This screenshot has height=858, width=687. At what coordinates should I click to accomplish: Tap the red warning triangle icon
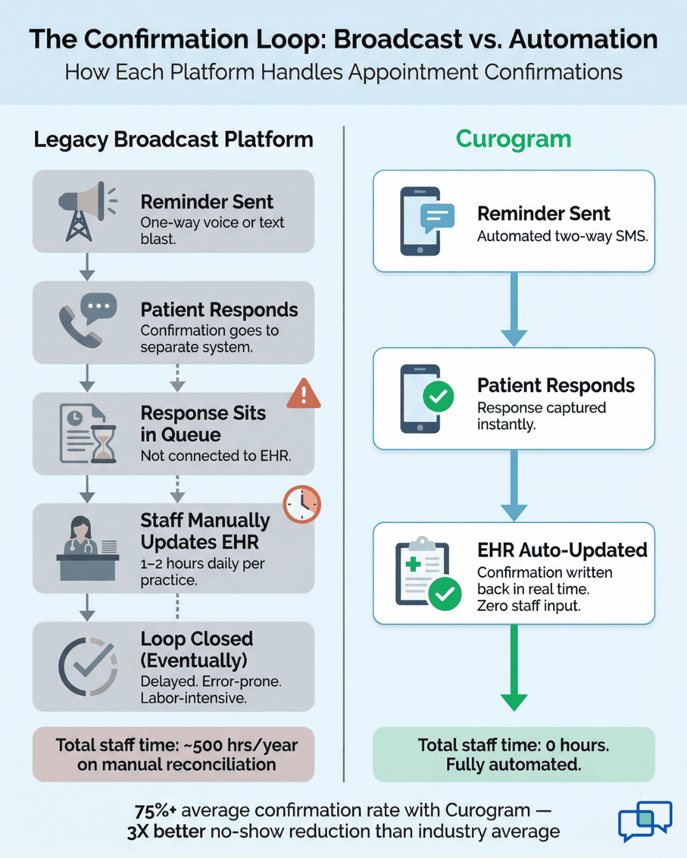303,393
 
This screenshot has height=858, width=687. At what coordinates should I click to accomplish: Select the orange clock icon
302,504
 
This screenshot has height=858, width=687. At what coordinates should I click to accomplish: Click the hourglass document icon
88,433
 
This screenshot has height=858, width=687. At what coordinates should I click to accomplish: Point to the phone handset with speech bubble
88,321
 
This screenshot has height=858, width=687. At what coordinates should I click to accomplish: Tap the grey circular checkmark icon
88,666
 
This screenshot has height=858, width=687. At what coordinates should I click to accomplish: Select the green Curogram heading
513,139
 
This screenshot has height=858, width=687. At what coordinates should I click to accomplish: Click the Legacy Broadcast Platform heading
173,139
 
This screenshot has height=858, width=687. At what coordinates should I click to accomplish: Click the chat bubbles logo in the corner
644,821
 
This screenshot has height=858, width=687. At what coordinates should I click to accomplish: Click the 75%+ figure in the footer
155,810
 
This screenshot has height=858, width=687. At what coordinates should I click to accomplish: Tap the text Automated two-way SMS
562,236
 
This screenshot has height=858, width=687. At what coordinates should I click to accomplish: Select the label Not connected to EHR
216,456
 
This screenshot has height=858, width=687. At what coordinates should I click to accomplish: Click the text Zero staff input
529,606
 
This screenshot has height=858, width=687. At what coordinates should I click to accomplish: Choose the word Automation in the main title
583,39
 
